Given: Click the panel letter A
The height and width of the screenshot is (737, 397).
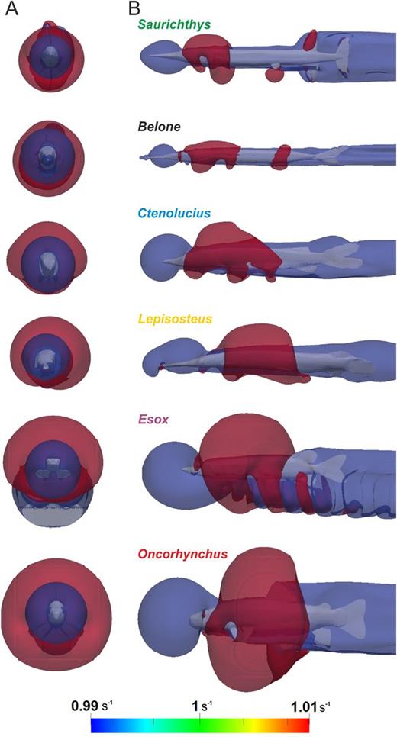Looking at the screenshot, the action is (x=11, y=9).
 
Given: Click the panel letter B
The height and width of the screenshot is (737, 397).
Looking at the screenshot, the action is (x=122, y=9).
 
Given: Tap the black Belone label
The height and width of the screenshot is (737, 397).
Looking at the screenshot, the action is (x=159, y=127).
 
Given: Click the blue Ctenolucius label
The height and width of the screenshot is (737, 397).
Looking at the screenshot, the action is (x=175, y=214).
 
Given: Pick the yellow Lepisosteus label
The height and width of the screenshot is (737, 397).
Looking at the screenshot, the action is (x=175, y=319).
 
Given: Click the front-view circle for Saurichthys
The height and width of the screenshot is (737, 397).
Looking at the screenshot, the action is (x=51, y=57).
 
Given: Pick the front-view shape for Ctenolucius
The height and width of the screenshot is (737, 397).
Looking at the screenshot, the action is (x=48, y=259).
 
